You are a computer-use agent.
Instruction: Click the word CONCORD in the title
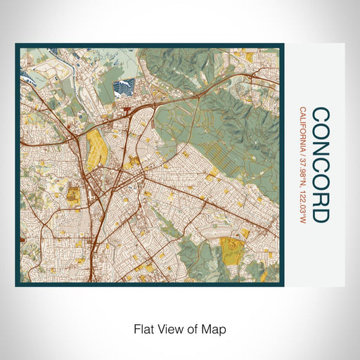pos(319,165)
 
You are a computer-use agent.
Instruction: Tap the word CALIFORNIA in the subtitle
pos(302,131)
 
